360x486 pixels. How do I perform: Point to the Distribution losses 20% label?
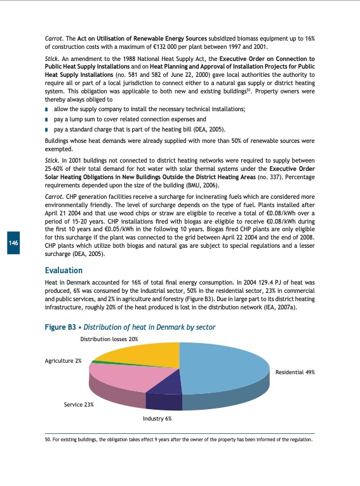pyautogui.click(x=110, y=339)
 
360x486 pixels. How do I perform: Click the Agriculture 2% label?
pyautogui.click(x=63, y=361)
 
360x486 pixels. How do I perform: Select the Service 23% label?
pyautogui.click(x=79, y=404)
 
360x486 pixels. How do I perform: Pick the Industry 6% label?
pyautogui.click(x=156, y=419)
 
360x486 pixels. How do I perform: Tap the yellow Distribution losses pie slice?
pyautogui.click(x=140, y=353)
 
